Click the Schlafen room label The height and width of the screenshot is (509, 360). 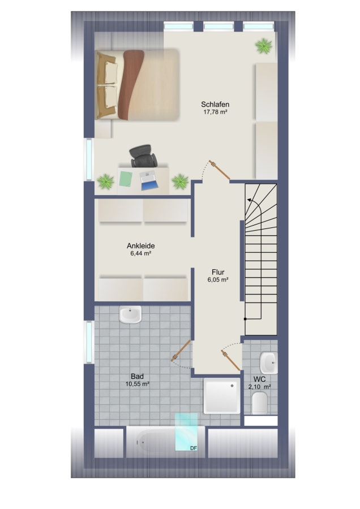(x=215, y=105)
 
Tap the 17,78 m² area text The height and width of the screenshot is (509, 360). (x=215, y=113)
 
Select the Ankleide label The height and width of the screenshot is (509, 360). (x=141, y=246)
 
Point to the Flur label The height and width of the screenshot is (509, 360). (x=218, y=272)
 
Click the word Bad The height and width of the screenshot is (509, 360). (x=137, y=377)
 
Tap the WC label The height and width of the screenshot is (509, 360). (x=260, y=379)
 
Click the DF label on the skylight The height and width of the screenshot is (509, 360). (x=194, y=448)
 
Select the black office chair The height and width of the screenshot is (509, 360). (x=143, y=156)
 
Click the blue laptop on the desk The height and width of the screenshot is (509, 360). (x=149, y=180)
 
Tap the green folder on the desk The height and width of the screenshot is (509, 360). (x=125, y=179)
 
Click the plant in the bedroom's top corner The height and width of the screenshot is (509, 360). (x=264, y=46)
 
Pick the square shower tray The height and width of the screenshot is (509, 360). (x=222, y=396)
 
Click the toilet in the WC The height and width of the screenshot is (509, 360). (x=260, y=403)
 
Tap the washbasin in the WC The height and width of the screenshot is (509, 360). (x=269, y=363)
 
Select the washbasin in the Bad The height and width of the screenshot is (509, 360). (x=130, y=314)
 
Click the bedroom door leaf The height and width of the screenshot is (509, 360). (x=219, y=170)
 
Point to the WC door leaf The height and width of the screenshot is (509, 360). (x=231, y=360)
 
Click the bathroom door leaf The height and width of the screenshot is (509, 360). (x=181, y=350)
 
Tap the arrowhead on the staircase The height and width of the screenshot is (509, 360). (x=249, y=200)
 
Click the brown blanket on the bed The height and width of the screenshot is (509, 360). (x=131, y=85)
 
